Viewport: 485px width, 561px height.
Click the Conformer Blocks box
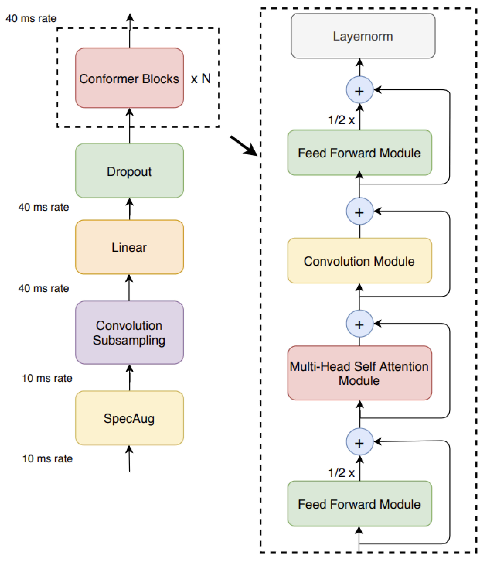tap(129, 78)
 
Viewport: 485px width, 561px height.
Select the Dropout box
tap(129, 171)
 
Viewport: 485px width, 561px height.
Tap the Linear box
tap(129, 247)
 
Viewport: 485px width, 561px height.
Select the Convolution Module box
tap(359, 261)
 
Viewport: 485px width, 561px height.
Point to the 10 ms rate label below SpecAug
tap(47, 459)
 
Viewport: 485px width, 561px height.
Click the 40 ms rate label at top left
tap(31, 18)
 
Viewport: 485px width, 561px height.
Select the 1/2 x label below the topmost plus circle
tap(341, 120)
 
